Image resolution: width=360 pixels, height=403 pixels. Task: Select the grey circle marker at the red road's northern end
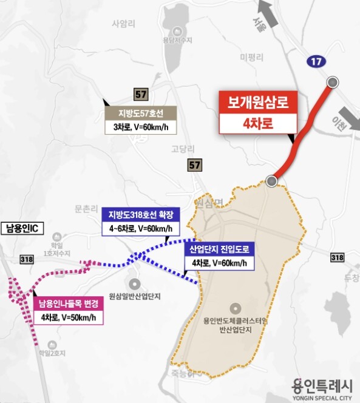[332, 82]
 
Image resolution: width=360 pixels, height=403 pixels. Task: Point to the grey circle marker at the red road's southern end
[271, 181]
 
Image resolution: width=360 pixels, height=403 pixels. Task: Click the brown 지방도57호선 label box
[140, 113]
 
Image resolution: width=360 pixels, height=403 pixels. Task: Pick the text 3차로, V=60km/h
[140, 127]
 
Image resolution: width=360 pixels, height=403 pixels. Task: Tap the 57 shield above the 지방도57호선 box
[141, 93]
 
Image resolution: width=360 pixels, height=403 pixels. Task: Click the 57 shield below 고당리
[194, 165]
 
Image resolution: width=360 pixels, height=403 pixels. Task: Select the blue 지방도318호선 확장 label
[141, 215]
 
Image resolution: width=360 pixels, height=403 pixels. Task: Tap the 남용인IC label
[21, 229]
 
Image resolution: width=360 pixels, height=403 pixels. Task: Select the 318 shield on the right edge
[336, 257]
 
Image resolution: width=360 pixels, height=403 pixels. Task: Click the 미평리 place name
[251, 58]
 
